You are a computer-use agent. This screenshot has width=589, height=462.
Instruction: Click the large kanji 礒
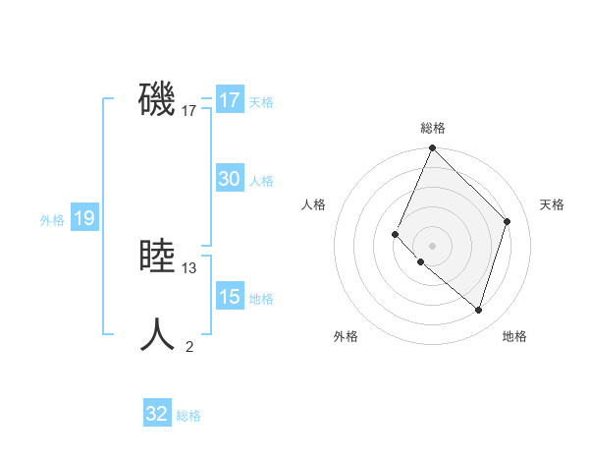157,99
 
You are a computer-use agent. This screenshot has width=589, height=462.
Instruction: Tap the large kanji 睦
157,257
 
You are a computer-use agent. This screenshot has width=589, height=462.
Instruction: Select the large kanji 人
157,335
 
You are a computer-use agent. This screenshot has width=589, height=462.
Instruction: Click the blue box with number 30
230,179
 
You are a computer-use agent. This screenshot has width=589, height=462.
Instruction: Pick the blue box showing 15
230,297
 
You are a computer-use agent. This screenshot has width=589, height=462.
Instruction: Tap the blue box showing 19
83,218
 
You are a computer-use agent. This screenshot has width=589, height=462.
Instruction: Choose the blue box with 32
157,414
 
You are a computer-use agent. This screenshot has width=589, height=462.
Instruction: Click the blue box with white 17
230,100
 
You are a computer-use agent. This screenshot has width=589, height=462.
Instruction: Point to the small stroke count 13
189,268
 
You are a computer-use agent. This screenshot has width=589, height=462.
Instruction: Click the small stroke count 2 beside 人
189,346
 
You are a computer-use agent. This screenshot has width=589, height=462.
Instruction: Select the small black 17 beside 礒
189,111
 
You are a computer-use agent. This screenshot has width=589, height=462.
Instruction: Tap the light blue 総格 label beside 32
188,416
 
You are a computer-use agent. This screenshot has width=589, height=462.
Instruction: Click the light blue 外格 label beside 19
52,220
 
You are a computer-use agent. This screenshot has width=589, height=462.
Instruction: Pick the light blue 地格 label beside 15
261,299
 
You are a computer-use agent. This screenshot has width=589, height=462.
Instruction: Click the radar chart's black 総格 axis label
433,128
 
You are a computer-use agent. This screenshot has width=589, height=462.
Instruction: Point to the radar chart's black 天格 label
552,204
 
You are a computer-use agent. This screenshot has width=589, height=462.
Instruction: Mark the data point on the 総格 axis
433,148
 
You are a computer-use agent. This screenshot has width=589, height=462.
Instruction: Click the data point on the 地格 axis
479,310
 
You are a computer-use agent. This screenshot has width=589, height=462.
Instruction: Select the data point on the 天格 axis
508,221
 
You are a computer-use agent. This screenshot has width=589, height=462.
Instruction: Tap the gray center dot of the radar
433,245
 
